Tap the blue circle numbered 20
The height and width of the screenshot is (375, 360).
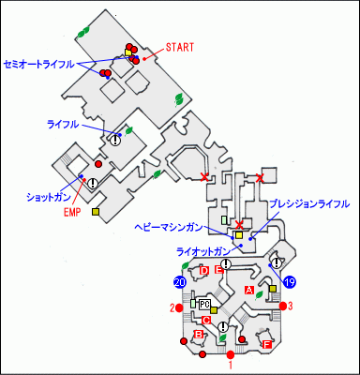click(x=180, y=281)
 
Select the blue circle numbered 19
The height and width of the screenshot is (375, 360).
click(x=291, y=281)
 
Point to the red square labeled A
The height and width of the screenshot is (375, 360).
click(x=249, y=291)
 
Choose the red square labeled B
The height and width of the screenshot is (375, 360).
click(x=199, y=335)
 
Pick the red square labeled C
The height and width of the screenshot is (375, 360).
click(x=206, y=321)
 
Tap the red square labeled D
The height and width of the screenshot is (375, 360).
click(x=204, y=271)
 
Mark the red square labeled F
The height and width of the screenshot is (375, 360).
click(x=267, y=344)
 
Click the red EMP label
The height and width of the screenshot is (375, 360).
click(x=73, y=210)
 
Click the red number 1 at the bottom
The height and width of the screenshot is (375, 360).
click(x=231, y=365)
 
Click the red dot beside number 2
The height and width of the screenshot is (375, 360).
click(x=181, y=307)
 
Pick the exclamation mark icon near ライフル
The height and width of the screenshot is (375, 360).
click(x=116, y=140)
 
